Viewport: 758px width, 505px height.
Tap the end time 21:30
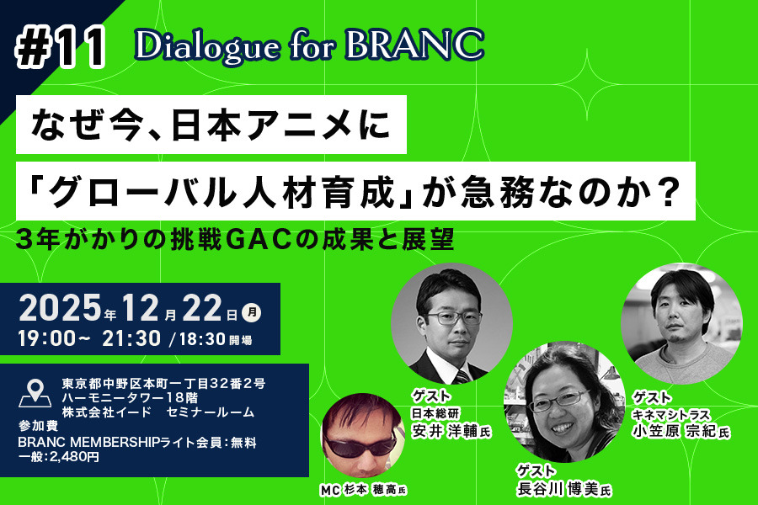tap(134, 339)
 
